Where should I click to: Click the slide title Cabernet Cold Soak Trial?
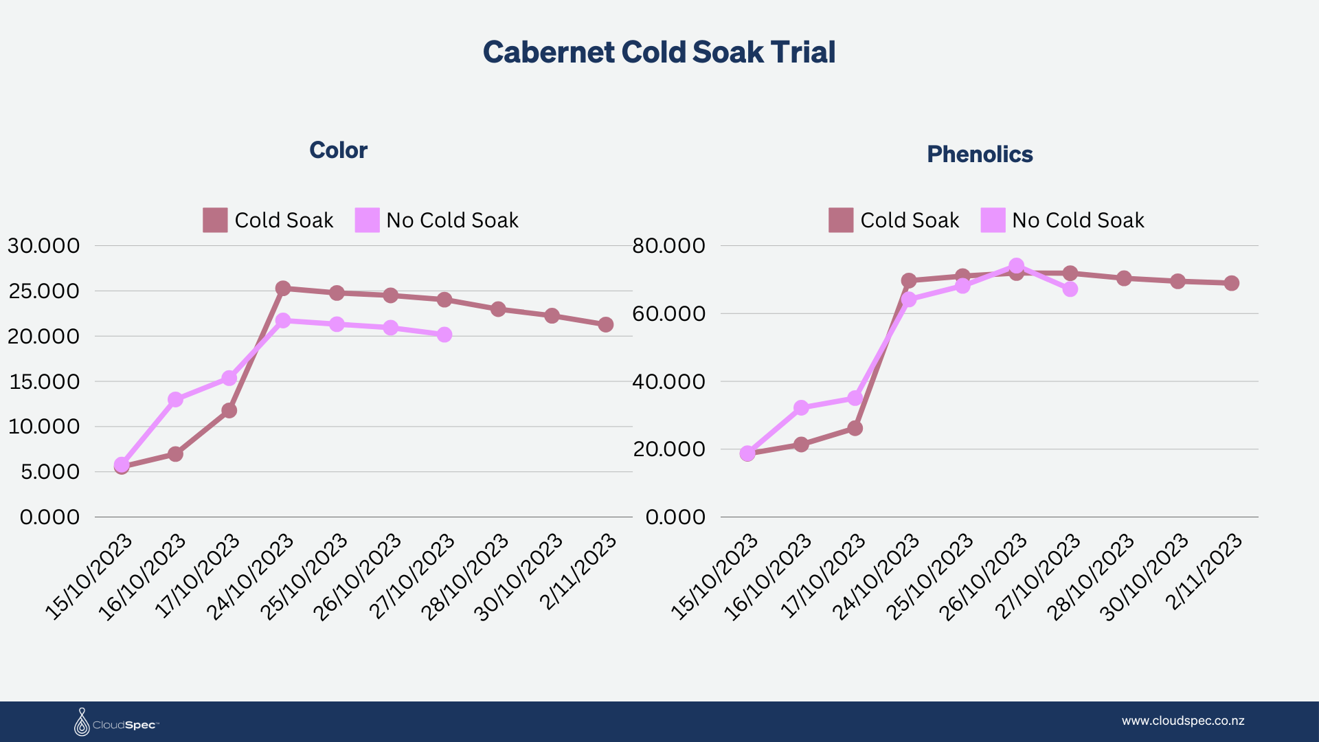tap(659, 52)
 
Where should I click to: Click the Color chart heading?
tap(338, 150)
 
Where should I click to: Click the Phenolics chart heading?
tap(980, 154)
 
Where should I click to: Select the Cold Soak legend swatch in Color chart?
tap(215, 220)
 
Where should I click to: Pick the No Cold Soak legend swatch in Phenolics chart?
tap(993, 220)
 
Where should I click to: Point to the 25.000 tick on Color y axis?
tap(44, 291)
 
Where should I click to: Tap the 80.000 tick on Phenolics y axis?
tap(668, 246)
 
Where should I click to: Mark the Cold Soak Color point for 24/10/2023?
tap(283, 289)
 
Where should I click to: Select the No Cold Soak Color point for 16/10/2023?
tap(175, 399)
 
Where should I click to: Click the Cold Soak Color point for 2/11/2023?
tap(606, 324)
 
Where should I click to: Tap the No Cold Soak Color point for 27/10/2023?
tap(444, 335)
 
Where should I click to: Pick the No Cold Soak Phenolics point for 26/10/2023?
tap(1017, 266)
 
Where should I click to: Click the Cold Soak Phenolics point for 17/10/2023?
tap(855, 428)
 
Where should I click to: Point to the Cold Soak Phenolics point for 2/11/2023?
tap(1232, 283)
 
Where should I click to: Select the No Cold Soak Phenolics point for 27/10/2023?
tap(1070, 289)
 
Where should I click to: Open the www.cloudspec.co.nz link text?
tap(1183, 721)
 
